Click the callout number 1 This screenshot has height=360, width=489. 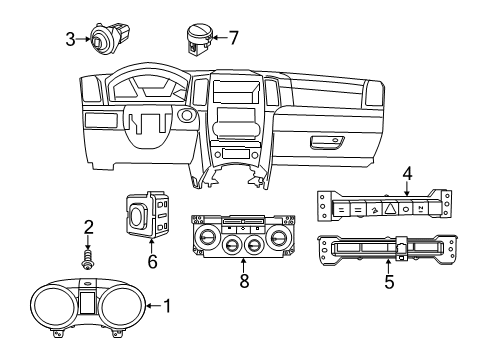167,305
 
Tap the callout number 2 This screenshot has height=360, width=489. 88,227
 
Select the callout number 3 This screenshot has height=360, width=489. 70,40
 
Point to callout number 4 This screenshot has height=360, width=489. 406,175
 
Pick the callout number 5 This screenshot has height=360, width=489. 389,283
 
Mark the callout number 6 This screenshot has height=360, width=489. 153,260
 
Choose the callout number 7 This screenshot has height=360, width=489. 233,39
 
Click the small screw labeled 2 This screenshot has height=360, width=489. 88,259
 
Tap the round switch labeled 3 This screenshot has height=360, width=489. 103,39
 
